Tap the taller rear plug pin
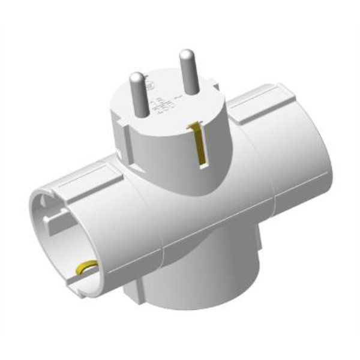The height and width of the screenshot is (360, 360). (187, 71)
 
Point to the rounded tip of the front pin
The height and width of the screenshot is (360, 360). (137, 77)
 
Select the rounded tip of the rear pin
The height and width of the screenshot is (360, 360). (187, 53)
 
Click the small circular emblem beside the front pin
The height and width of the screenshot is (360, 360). (154, 86)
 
